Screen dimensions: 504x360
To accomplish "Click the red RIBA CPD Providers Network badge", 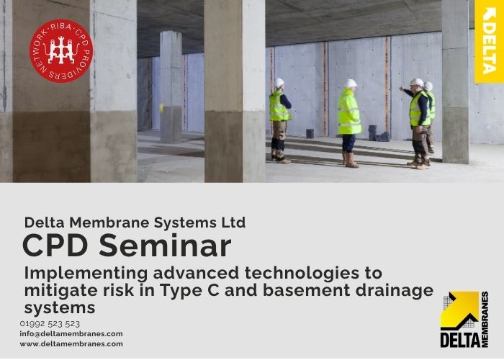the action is coord(61,51).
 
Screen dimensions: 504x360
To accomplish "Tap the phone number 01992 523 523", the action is coord(50,324).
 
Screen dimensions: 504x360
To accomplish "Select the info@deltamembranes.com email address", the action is coord(71,334).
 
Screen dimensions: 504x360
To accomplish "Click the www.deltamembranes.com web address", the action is coord(71,344).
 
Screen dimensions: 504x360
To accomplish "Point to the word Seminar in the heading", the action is coord(165,246).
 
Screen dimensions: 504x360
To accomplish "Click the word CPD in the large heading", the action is coord(55,246).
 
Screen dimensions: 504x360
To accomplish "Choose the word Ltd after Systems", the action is coord(233,222).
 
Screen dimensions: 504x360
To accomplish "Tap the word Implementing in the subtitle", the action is coord(86,274).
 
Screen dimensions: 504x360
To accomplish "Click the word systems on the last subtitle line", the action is coord(60,308).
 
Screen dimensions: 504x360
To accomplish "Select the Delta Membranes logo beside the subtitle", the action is coord(464,320).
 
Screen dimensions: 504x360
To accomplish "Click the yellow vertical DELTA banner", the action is coord(489,42).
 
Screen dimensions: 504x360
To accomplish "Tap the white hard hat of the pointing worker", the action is coord(417,82).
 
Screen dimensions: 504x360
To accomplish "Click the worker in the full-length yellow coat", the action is coord(349,123).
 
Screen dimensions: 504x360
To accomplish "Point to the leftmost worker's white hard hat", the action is coord(279,83).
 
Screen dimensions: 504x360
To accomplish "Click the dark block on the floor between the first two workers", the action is coord(310,133).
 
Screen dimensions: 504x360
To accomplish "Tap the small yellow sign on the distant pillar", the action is coord(162,108).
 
